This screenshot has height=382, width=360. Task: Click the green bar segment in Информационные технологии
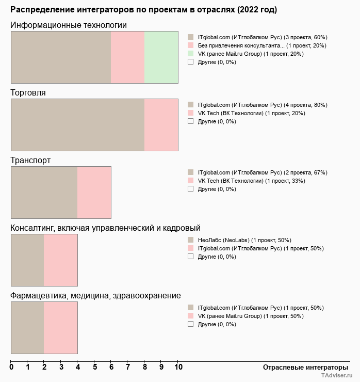point(161,57)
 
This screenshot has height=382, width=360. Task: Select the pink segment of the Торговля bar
point(161,124)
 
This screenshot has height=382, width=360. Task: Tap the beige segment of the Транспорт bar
point(44,192)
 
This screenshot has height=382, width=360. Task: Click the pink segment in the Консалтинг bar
point(60,260)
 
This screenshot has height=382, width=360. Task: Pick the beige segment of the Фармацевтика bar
point(27,327)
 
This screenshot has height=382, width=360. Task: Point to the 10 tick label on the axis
point(178,368)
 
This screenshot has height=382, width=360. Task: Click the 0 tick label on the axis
point(11,368)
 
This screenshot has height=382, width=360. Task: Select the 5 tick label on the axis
point(95,368)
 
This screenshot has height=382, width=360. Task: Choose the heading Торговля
point(28,93)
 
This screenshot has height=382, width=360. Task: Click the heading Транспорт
point(30,161)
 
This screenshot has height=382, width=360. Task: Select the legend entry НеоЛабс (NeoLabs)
point(244,240)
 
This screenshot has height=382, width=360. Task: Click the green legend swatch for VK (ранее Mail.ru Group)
point(190,53)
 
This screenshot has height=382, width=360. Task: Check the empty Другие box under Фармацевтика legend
point(190,324)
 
